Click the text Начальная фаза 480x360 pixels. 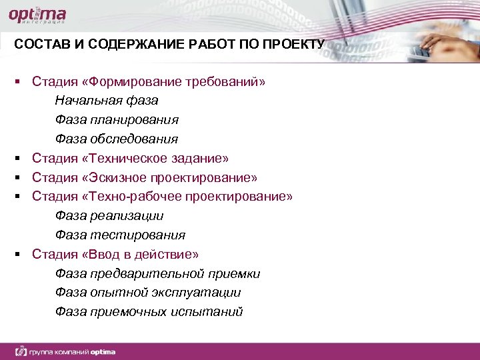point(107,101)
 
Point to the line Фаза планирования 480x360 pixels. point(117,120)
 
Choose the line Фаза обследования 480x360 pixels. point(117,139)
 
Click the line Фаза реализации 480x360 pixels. point(109,216)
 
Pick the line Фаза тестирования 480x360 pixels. point(120,235)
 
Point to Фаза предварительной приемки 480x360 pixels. point(158,274)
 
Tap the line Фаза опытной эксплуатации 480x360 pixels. point(148,293)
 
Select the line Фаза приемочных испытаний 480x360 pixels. point(149,312)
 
